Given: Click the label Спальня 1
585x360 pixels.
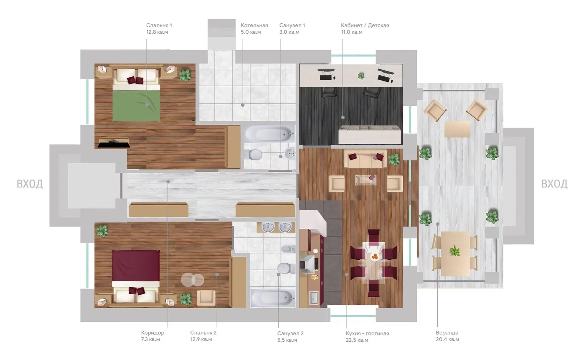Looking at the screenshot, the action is point(159,25).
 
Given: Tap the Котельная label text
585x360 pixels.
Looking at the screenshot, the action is point(254,25).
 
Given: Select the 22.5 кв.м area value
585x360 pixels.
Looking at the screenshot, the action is point(357,340).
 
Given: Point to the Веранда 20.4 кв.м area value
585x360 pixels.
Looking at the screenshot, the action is point(447,339).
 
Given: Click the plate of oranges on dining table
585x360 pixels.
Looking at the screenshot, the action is point(375,256).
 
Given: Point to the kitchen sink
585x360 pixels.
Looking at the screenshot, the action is point(314,298).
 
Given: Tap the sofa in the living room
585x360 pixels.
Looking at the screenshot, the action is point(365,159).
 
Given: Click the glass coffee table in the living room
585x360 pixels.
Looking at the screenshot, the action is point(365,180).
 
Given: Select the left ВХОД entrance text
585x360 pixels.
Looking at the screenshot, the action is point(30,184).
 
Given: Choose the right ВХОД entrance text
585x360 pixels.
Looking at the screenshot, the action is point(554,184).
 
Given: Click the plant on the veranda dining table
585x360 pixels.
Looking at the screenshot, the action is point(454,250).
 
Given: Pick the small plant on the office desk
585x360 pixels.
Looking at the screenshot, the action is point(361,76).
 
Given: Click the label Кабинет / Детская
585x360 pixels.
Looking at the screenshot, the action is point(365,25).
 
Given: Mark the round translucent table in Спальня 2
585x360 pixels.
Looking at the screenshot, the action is point(193,279).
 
